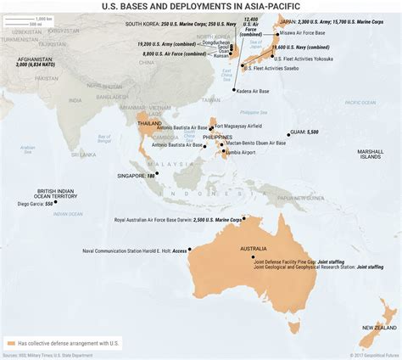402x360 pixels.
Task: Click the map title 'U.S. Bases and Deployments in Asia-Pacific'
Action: point(201,8)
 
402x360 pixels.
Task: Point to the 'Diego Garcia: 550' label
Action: point(36,204)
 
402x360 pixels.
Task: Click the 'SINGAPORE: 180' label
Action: point(137,175)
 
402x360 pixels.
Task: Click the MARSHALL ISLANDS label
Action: point(371,154)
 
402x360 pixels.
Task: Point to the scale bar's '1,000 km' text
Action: point(35,18)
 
